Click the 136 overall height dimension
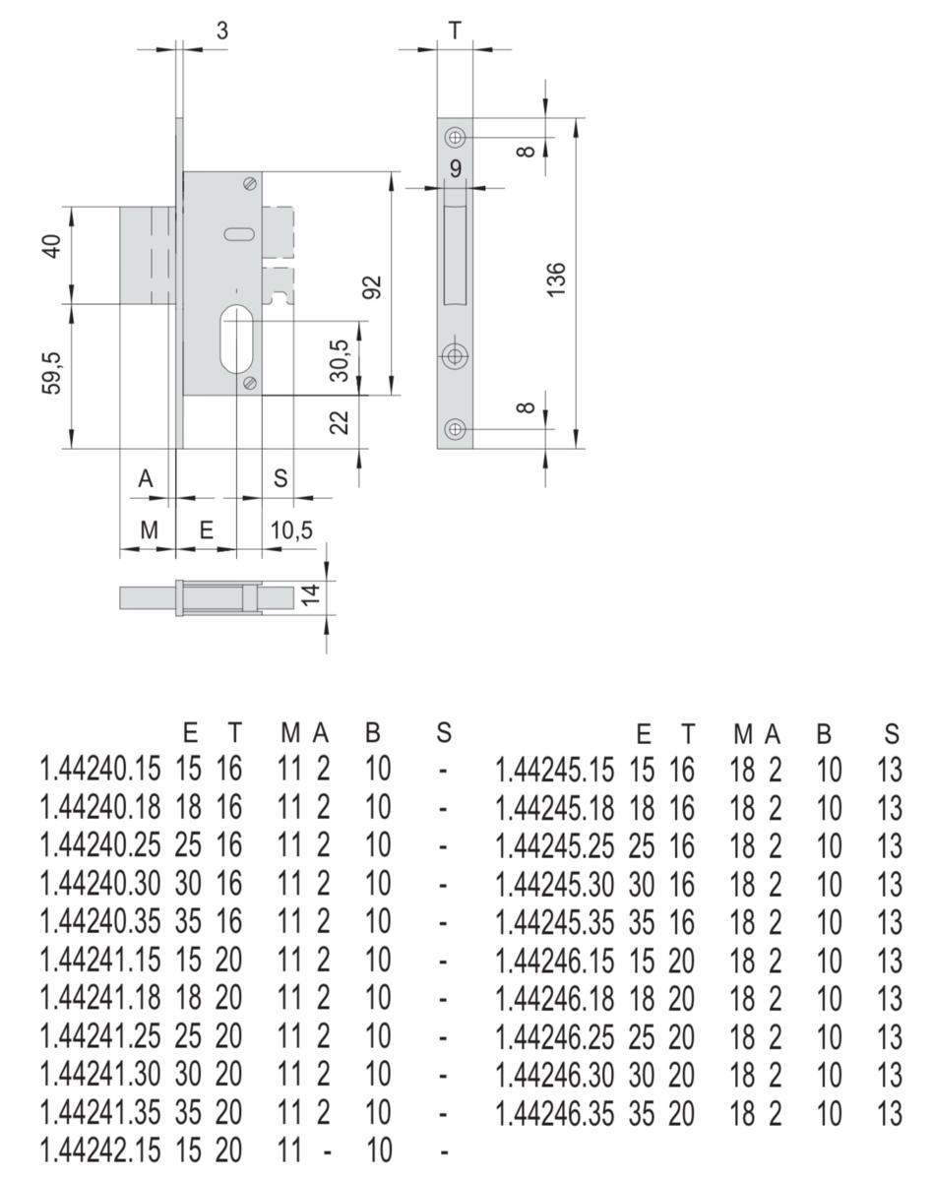[556, 280]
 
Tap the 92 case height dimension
[373, 286]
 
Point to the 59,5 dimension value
[52, 373]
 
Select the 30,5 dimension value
[340, 360]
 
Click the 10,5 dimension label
[291, 530]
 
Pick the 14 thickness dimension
[311, 594]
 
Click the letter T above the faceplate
[455, 31]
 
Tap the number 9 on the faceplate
[456, 168]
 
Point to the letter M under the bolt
[150, 530]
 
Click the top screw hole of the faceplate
[455, 137]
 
